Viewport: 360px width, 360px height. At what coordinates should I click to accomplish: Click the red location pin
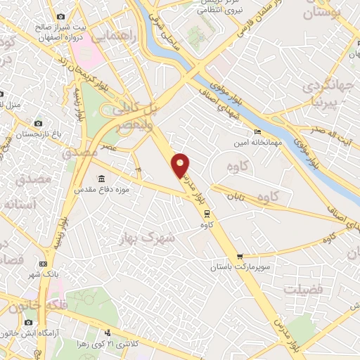181,165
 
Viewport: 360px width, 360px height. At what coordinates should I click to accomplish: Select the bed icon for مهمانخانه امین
257,131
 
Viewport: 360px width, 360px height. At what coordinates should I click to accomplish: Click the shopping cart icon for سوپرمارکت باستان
240,257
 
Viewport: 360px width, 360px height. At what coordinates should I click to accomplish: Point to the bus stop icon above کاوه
205,214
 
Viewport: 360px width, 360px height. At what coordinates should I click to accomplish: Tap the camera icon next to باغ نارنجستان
39,123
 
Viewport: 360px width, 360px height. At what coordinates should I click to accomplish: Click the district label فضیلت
303,289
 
